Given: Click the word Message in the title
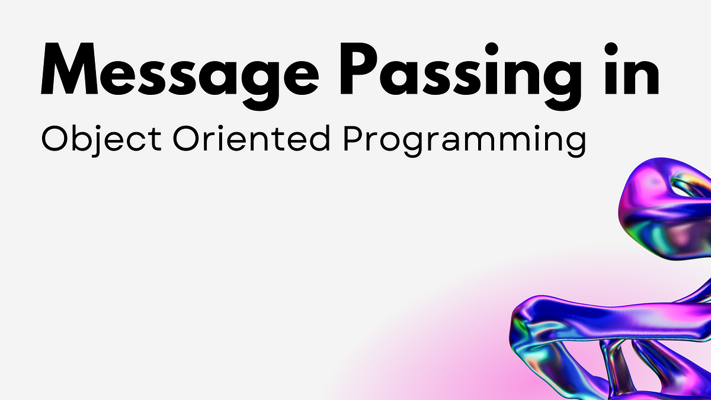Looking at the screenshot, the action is (x=180, y=76).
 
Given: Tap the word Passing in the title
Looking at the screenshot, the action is (x=460, y=76).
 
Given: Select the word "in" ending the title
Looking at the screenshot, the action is (x=632, y=68).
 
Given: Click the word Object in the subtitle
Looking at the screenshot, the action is (x=101, y=140).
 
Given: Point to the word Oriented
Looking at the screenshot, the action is (x=251, y=138).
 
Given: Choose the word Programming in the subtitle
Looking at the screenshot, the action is (x=465, y=140).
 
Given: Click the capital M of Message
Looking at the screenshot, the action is (x=69, y=69).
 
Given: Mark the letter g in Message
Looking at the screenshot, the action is (x=261, y=84).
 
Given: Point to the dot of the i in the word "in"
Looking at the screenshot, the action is (x=611, y=49).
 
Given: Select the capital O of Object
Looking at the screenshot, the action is (x=55, y=138).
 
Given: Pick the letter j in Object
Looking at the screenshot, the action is (x=97, y=142).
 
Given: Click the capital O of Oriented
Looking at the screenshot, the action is (x=187, y=138).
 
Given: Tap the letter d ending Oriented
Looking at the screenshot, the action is (x=319, y=138).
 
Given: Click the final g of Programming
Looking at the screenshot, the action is (x=576, y=145).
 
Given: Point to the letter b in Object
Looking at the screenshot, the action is (x=82, y=138).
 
